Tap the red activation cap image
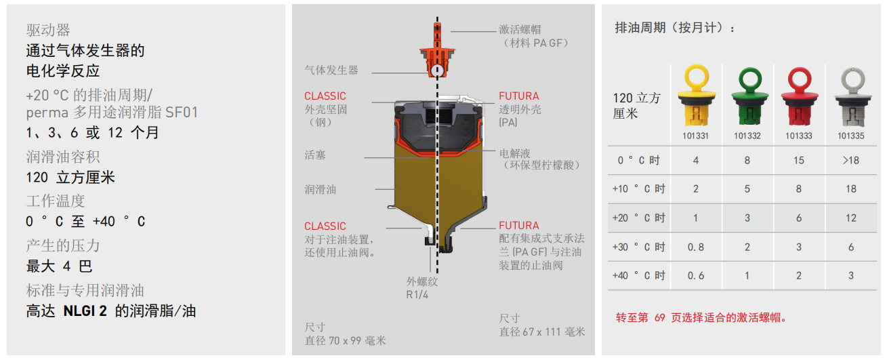coord(799,97)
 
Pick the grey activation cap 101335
coord(852,97)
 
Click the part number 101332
coord(747,136)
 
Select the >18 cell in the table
coord(850,161)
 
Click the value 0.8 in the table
coord(696,247)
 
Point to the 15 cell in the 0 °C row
coord(799,161)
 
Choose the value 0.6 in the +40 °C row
coord(696,276)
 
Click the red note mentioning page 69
coord(701,317)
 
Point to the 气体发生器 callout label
coord(331,70)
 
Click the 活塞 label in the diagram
coord(315,155)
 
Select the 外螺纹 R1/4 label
coord(421,288)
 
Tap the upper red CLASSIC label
coord(325,96)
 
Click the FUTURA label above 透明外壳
coord(519,96)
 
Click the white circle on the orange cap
coord(437,71)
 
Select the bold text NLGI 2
coord(85,311)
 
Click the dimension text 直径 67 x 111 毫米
coord(541,332)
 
